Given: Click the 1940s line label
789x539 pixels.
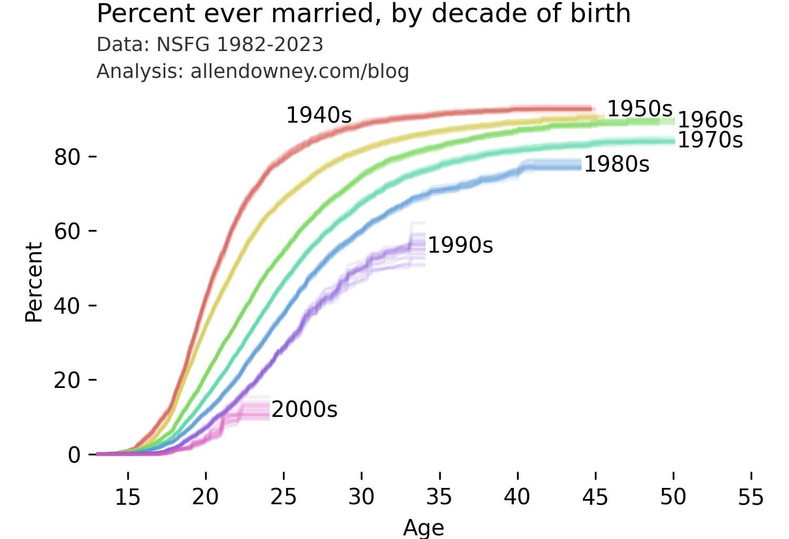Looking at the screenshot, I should (319, 115).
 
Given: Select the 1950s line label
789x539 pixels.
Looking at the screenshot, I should (640, 109).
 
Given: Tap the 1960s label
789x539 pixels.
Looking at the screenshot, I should (710, 120).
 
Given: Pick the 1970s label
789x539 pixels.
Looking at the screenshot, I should (710, 140).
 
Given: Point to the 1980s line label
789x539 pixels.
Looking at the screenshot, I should (616, 164).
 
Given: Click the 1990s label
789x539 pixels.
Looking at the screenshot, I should (460, 245).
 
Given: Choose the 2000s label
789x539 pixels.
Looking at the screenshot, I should (304, 410).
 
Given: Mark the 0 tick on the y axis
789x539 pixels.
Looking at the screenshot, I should (74, 455).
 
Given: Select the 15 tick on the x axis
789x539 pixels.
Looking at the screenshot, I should (128, 496).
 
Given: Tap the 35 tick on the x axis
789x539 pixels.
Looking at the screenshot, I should (439, 496).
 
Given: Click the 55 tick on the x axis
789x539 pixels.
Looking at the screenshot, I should (751, 496).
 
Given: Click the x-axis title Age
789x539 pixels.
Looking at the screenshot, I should (423, 527).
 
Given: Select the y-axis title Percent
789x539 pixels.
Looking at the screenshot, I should (34, 282).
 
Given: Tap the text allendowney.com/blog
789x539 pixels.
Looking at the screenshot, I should (299, 71).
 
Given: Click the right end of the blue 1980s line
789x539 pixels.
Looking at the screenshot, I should (581, 165).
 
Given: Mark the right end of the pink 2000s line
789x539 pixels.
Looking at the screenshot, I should (268, 408).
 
